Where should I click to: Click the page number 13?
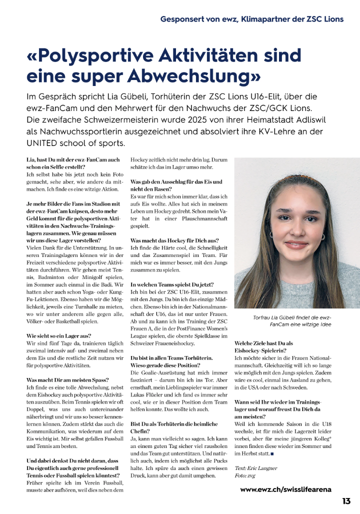(346, 501)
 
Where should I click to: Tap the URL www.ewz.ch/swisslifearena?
(285, 489)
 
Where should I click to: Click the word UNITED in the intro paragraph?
(43, 143)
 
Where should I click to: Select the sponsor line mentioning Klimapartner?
(252, 19)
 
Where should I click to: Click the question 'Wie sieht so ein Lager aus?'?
(58, 335)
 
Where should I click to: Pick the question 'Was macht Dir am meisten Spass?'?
(67, 380)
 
